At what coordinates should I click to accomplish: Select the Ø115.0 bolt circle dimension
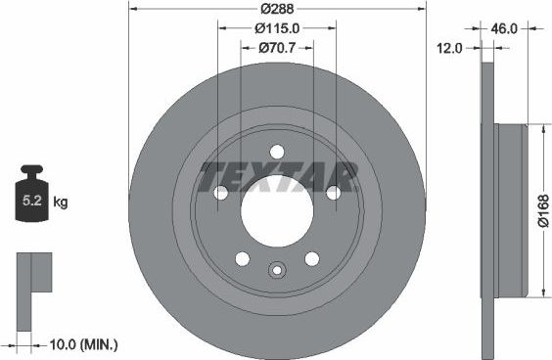[276, 28]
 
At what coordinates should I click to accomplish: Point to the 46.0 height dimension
[503, 29]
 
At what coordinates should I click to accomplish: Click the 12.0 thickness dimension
[449, 47]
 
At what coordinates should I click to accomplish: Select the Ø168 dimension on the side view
[542, 210]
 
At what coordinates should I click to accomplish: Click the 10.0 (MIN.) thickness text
[83, 343]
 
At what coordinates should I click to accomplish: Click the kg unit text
[60, 203]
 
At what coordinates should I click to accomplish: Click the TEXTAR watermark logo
[278, 178]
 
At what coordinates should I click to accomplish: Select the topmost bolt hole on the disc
[276, 152]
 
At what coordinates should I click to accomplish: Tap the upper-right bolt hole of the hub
[334, 193]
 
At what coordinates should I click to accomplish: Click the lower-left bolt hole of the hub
[241, 259]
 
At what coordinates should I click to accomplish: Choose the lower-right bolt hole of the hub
[312, 259]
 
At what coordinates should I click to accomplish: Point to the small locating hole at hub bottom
[276, 271]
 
